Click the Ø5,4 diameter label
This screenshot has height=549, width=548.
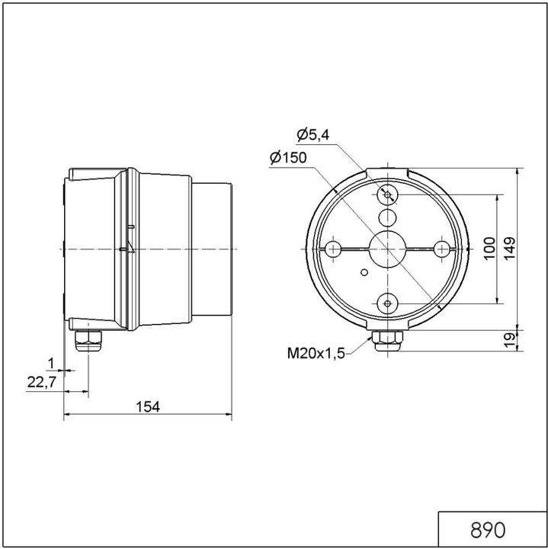click(x=312, y=135)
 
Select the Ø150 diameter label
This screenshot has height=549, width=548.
click(x=287, y=158)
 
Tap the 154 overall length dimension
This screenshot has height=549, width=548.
click(x=148, y=407)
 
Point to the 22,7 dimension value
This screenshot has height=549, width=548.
click(x=41, y=383)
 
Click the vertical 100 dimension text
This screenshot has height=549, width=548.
click(x=490, y=247)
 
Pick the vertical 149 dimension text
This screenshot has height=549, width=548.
click(x=510, y=247)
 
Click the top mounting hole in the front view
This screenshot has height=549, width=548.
click(x=388, y=195)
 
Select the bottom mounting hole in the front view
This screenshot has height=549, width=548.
click(x=388, y=303)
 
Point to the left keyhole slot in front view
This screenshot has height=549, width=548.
click(x=333, y=249)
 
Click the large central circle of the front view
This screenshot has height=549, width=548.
click(x=388, y=249)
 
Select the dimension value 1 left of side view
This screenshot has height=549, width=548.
click(x=51, y=362)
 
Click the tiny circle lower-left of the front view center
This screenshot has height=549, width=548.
click(x=364, y=271)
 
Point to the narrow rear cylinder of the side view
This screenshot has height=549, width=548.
click(x=213, y=249)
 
